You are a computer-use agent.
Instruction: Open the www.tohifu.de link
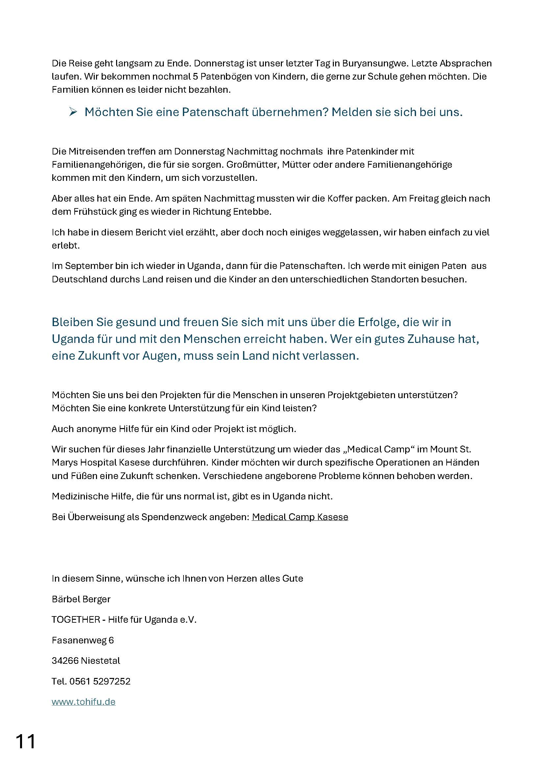(84, 702)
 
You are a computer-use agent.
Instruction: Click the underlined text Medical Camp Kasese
(300, 517)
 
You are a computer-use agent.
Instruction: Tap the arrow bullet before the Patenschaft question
(73, 112)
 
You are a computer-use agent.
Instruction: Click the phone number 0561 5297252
(100, 681)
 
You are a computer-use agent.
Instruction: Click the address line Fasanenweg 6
(83, 640)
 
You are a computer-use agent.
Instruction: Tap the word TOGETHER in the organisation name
(76, 620)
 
